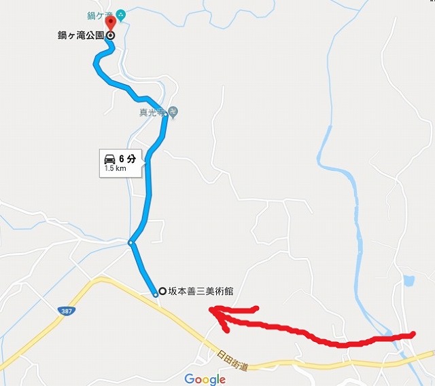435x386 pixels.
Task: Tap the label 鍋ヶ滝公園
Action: click(x=80, y=35)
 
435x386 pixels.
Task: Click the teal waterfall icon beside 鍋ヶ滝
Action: click(x=120, y=14)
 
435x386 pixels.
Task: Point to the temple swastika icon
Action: click(x=173, y=113)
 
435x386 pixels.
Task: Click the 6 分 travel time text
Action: click(x=129, y=158)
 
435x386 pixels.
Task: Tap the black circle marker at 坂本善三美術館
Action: click(x=162, y=292)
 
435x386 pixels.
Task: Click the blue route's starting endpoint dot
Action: click(x=156, y=294)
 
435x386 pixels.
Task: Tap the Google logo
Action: click(x=205, y=378)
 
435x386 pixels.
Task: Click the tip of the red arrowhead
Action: click(x=211, y=311)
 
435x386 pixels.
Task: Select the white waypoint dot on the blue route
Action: click(x=132, y=242)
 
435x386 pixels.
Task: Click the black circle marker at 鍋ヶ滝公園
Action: click(x=110, y=35)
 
